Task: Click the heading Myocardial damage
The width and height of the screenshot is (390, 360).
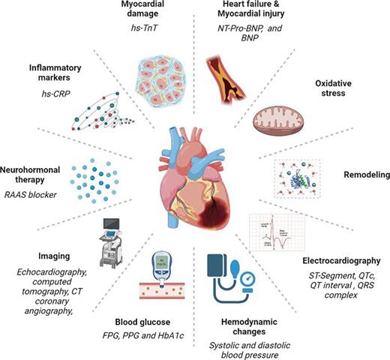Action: click(160, 10)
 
